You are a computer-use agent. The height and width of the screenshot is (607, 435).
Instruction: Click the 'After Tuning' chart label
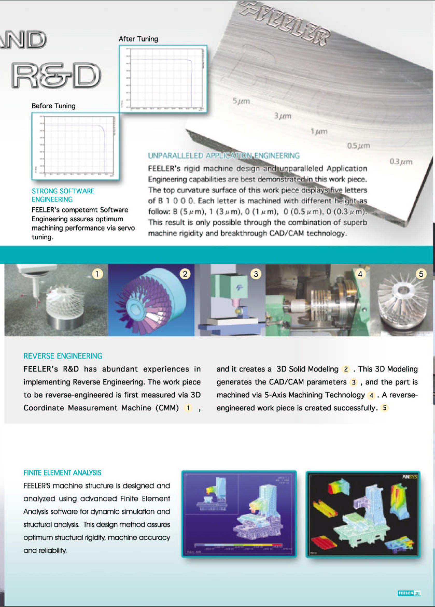click(x=138, y=39)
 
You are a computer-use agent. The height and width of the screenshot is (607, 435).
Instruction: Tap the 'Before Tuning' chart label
click(x=54, y=106)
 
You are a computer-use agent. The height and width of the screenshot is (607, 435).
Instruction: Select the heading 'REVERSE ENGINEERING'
click(x=63, y=356)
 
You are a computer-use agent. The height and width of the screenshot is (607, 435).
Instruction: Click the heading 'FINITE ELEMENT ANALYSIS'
click(x=62, y=473)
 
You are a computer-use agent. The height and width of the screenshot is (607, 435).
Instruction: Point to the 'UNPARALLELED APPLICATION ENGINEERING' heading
click(x=224, y=156)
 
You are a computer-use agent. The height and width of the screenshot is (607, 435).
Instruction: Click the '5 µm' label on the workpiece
click(x=241, y=101)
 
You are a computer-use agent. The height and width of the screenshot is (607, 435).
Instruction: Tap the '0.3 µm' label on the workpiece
click(x=401, y=162)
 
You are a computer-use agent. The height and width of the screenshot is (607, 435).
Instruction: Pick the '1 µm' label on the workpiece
click(x=319, y=131)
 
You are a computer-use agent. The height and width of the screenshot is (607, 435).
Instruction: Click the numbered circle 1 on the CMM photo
click(x=97, y=274)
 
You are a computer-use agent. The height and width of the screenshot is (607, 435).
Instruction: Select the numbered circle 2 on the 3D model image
click(x=185, y=274)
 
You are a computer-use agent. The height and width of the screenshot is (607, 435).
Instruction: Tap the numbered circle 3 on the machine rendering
click(x=256, y=274)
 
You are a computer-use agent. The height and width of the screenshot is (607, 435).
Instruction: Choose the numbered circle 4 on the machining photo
click(x=360, y=274)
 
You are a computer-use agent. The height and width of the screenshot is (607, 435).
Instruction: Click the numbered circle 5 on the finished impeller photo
click(x=421, y=274)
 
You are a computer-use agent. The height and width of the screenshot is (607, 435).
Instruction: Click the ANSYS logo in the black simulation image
click(x=409, y=477)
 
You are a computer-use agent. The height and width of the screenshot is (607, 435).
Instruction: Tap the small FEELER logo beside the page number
click(x=405, y=593)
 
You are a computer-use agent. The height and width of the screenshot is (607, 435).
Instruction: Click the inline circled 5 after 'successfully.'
click(x=385, y=408)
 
